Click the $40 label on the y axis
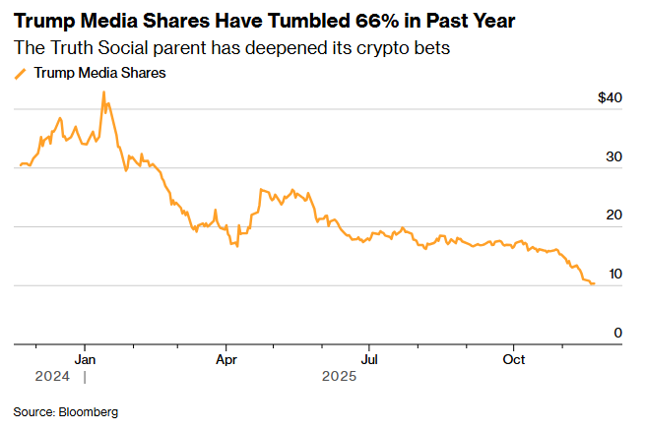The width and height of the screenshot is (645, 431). (x=611, y=98)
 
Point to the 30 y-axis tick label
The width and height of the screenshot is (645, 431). (x=614, y=157)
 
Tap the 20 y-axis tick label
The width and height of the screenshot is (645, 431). (x=614, y=215)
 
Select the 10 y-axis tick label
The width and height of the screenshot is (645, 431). (x=614, y=275)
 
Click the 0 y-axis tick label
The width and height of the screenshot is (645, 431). (x=618, y=334)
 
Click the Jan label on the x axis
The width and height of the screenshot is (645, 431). (x=85, y=359)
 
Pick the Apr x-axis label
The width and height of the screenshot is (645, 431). (x=226, y=359)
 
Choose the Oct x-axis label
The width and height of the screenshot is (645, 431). (x=513, y=359)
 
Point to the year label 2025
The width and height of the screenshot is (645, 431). (x=341, y=376)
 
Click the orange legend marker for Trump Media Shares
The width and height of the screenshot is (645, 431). (x=21, y=73)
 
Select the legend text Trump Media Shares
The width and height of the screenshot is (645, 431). (x=99, y=72)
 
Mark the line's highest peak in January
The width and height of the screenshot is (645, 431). (x=103, y=92)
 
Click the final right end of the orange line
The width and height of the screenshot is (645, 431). (x=593, y=283)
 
